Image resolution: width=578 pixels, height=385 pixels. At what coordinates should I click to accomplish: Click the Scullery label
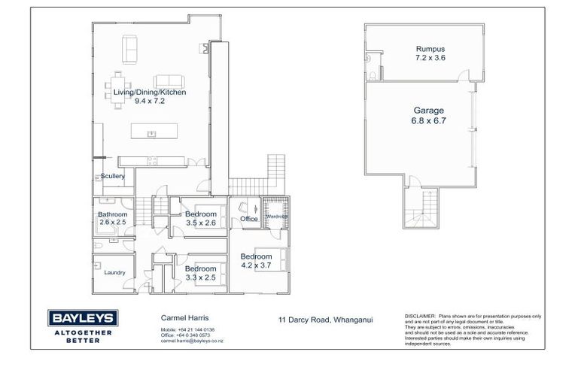coord(112,176)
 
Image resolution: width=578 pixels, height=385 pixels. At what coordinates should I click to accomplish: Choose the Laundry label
coord(114,272)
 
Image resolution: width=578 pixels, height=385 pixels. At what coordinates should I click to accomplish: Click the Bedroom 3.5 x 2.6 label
coord(201,218)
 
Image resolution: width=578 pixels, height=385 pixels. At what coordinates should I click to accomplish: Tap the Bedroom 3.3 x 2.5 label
coord(201,272)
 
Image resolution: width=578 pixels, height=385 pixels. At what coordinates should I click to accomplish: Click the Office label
coord(249,219)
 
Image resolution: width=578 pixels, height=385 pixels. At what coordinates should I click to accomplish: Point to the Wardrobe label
coord(276,217)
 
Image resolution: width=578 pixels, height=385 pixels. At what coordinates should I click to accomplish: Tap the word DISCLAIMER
coord(419,316)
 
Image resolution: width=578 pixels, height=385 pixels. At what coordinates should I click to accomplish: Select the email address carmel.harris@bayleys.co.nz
coord(192,341)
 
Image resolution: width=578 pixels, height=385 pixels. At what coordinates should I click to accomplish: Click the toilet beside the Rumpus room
coord(373,76)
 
